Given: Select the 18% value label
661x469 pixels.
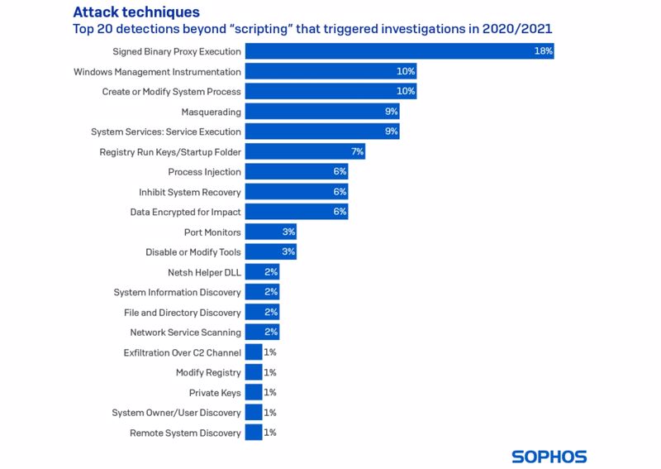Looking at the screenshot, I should [x=543, y=51].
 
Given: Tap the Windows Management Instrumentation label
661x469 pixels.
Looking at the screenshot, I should [x=157, y=72].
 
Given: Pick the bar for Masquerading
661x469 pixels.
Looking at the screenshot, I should [x=322, y=112].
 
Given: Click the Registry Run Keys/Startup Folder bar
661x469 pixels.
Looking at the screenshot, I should [x=305, y=152].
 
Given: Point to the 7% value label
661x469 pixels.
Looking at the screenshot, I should [x=357, y=152].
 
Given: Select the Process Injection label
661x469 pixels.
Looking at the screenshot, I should [x=204, y=172].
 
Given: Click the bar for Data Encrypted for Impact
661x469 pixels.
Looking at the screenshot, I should [x=296, y=213].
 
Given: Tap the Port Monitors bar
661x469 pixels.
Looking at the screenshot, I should [x=270, y=232].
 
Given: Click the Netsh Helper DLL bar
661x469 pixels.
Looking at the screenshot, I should [x=262, y=272].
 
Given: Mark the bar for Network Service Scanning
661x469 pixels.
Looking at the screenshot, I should [x=262, y=333].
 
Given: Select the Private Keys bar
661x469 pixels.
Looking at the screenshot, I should [x=254, y=393].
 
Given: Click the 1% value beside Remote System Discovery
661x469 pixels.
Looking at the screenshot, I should [x=270, y=433].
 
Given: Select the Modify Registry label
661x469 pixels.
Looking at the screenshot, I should [x=208, y=373].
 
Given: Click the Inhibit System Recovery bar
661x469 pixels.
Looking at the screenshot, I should [x=296, y=192].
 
